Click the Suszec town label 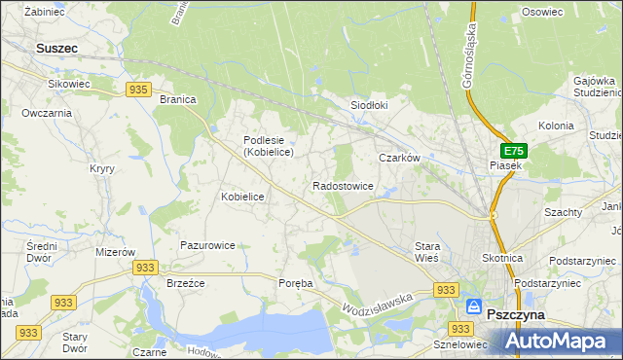[x=56, y=47]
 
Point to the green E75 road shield [x=514, y=152]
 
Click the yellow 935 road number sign [x=137, y=90]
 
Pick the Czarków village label [x=399, y=158]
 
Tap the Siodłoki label [x=369, y=106]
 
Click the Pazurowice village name [x=207, y=246]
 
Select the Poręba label [x=295, y=283]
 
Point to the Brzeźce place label [x=184, y=283]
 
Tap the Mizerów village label [x=115, y=251]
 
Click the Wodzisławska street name [x=378, y=303]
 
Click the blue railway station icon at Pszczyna [x=473, y=306]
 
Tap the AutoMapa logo [x=563, y=341]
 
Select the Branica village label [x=178, y=99]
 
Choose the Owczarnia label [x=48, y=113]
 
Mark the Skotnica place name [x=502, y=258]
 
